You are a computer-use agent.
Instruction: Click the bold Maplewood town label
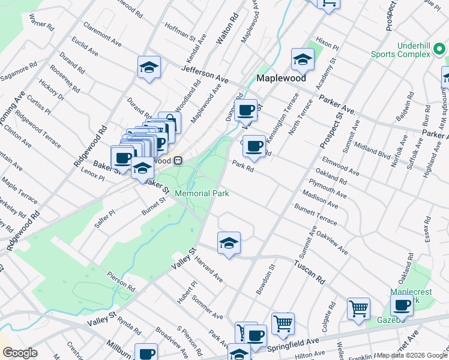click(281, 79)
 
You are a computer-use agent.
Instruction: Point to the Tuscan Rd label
click(309, 271)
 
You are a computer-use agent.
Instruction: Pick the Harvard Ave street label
click(208, 270)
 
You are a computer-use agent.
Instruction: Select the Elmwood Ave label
click(340, 166)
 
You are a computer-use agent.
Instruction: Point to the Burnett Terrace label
click(315, 215)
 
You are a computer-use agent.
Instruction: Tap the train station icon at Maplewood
click(178, 160)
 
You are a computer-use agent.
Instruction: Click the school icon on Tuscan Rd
click(229, 243)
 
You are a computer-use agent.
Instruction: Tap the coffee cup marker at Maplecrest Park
click(402, 305)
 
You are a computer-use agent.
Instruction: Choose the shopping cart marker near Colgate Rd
click(358, 308)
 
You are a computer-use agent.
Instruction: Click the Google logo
click(20, 353)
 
